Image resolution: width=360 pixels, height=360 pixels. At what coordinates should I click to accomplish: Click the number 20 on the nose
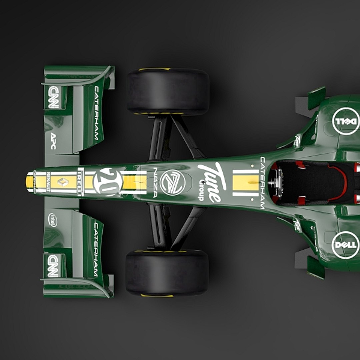pos(108,182)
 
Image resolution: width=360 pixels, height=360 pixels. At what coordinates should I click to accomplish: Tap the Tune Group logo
pos(211,182)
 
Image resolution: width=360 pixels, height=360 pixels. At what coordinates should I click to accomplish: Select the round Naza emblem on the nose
pos(172,182)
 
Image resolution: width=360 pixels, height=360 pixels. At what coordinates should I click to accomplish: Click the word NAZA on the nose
pos(155,182)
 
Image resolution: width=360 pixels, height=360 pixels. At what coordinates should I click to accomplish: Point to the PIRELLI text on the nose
pos(80,182)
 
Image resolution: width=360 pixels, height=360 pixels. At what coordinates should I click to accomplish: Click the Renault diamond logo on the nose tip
pos(63,182)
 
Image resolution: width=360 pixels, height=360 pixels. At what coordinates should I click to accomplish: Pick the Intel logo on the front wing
pos(53,220)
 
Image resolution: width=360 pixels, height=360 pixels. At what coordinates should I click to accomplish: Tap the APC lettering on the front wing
pos(53,141)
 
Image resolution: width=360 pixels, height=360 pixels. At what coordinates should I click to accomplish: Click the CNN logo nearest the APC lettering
pos(53,97)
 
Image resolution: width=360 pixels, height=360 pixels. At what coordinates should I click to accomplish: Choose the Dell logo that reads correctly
pos(346,245)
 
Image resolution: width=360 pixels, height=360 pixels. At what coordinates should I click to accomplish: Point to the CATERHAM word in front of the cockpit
pos(262,183)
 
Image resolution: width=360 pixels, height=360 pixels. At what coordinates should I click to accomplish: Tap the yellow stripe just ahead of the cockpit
pos(246,183)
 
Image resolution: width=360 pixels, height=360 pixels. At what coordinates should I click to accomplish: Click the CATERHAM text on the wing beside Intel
pos(96,249)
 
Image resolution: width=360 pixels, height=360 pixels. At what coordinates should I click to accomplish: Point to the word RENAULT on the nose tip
pos(48,182)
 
